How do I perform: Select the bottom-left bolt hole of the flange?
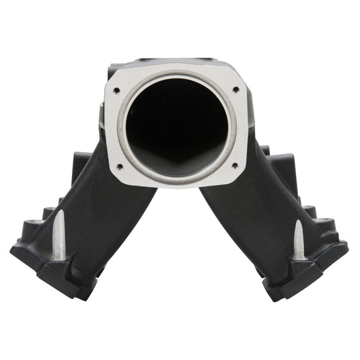[119, 165]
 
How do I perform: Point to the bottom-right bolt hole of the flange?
[233, 165]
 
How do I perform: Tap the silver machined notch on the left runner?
[59, 233]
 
